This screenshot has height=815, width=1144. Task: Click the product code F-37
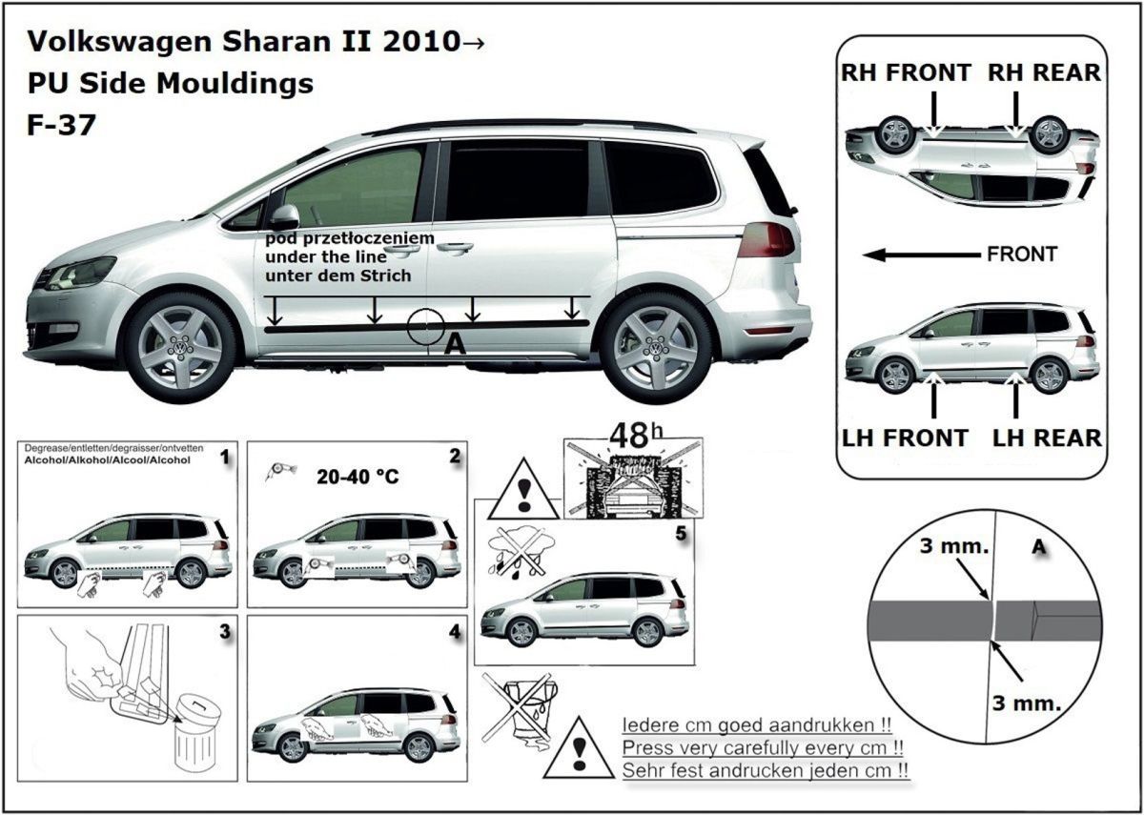[x=61, y=125]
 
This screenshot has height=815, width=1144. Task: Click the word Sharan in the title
[x=276, y=41]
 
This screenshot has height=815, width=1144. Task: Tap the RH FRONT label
[x=906, y=72]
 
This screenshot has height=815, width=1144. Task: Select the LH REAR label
[x=1047, y=438]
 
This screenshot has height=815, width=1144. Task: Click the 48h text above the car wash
[x=637, y=436]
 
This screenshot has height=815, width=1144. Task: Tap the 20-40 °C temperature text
[x=357, y=477]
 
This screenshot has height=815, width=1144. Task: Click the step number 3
[x=225, y=632]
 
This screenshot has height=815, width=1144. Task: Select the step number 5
[x=681, y=534]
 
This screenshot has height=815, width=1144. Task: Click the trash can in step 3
[x=196, y=734]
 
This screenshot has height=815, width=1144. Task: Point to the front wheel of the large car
[x=180, y=348]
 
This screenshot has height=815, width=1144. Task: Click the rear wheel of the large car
[x=656, y=348]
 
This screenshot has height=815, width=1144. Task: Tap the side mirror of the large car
[x=283, y=217]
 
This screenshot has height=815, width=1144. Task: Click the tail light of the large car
[x=766, y=240]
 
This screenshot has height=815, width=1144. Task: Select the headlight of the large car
[x=82, y=273]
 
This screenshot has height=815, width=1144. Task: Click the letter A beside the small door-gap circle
[x=455, y=344]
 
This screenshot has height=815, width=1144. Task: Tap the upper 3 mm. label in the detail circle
[x=954, y=546]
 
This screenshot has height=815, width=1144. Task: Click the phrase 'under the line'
[x=326, y=256]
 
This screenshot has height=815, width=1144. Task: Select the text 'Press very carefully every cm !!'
[x=763, y=747]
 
